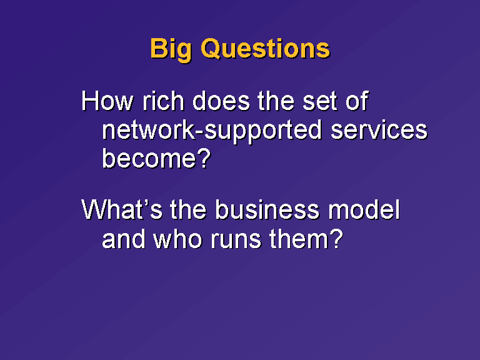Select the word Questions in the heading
(266, 48)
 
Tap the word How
(107, 101)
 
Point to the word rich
(164, 101)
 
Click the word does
(221, 101)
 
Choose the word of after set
(357, 101)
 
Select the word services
(379, 130)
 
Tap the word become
(149, 158)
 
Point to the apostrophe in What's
(145, 203)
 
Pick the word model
(364, 210)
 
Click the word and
(123, 239)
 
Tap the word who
(178, 239)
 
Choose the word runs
(236, 241)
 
